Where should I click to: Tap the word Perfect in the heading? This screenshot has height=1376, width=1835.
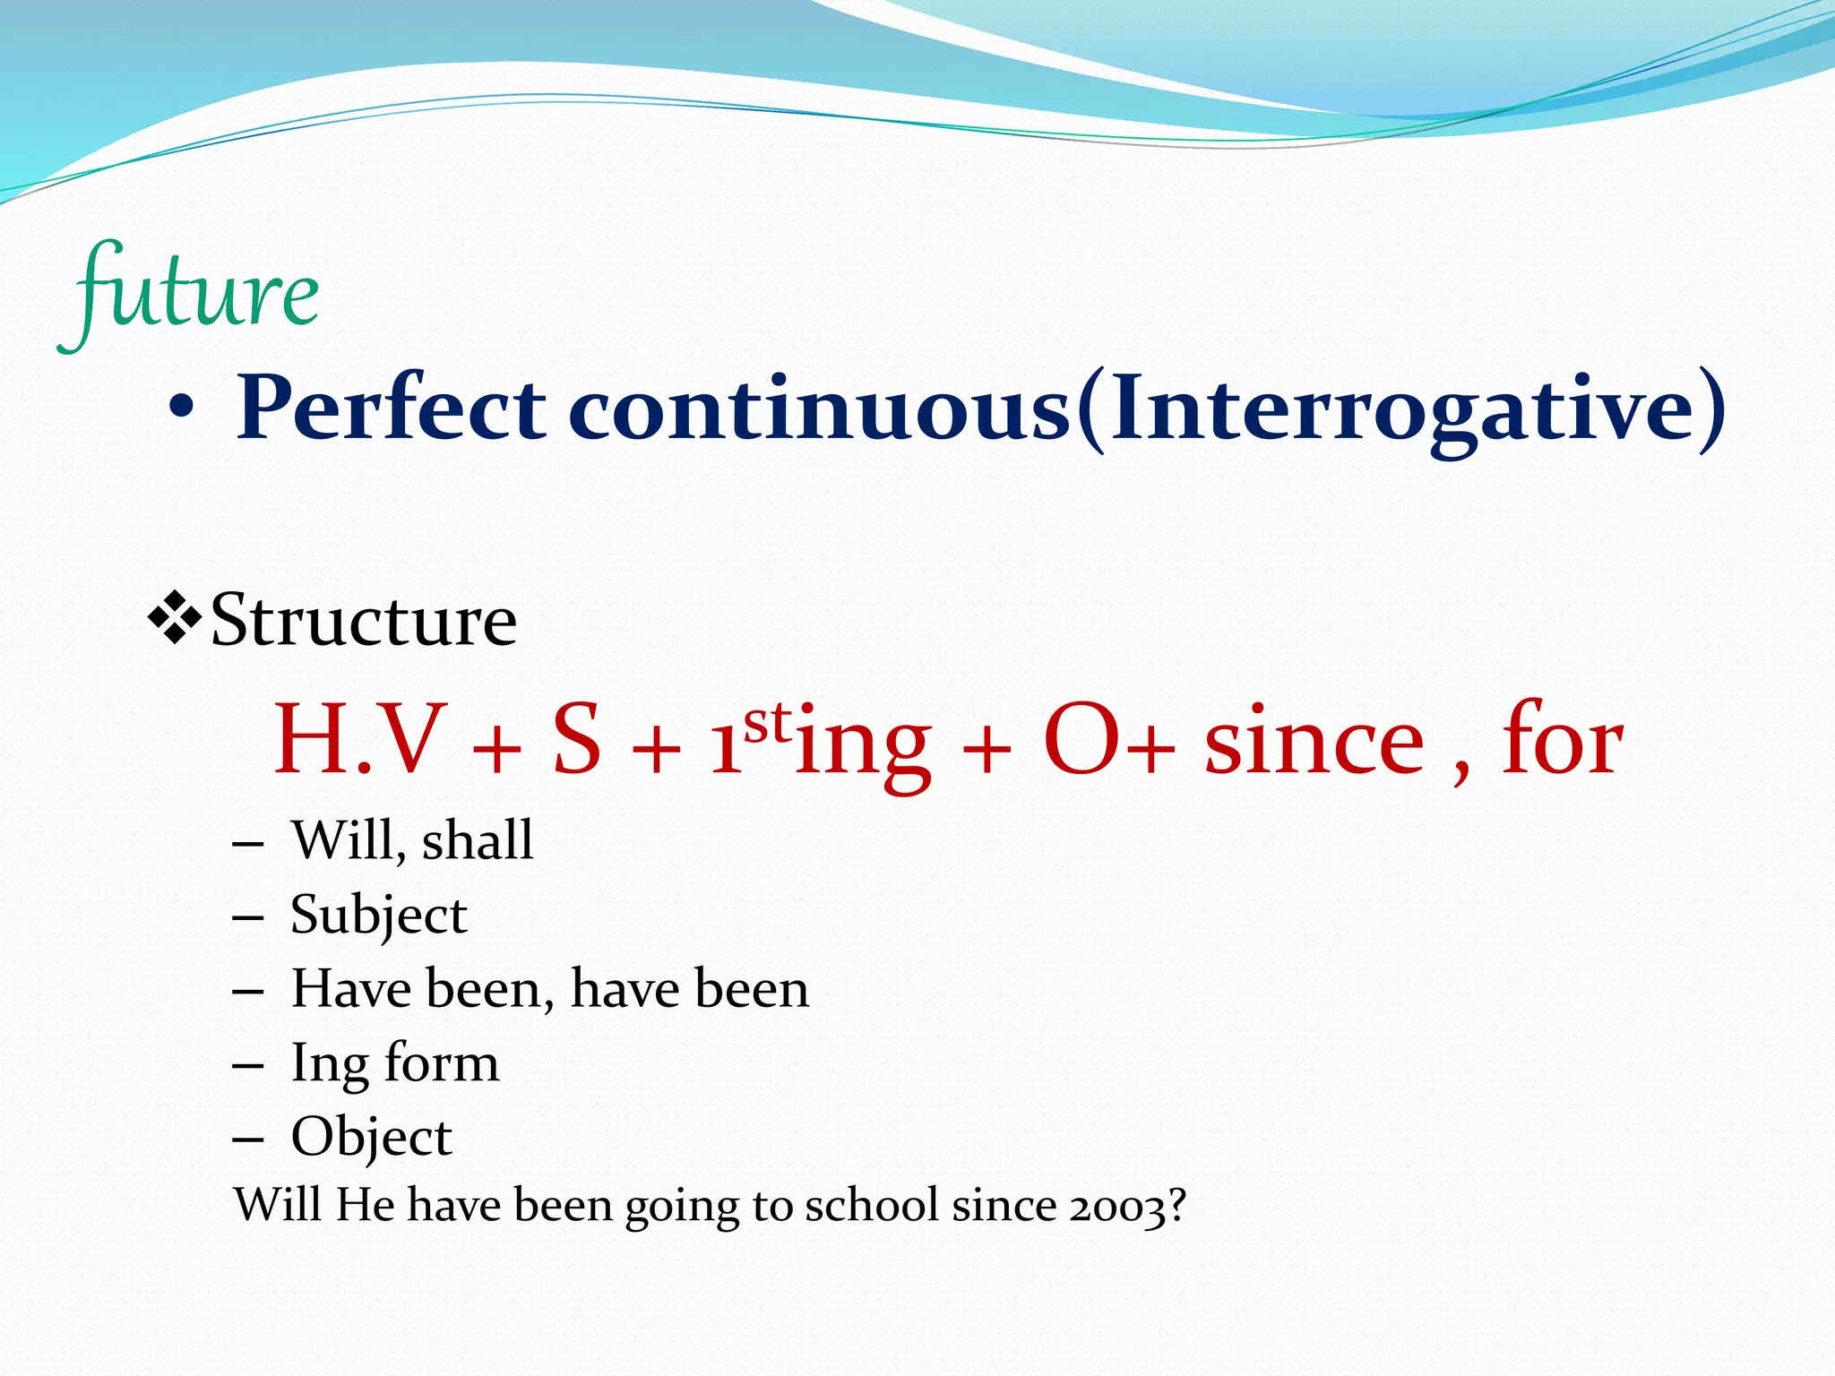pos(391,409)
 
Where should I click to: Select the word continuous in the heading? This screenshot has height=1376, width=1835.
pos(819,409)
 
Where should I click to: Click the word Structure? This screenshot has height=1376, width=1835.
pos(363,620)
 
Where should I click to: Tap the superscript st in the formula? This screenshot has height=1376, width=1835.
pos(769,721)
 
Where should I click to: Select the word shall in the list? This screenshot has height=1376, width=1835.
pos(477,840)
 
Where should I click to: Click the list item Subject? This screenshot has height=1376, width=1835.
pos(378,916)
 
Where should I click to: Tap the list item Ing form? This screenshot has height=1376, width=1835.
pos(394,1063)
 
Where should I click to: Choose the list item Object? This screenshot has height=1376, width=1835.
pos(371,1138)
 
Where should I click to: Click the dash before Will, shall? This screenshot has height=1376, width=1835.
pos(247,844)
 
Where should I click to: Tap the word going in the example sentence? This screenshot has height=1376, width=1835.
pos(682,1208)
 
